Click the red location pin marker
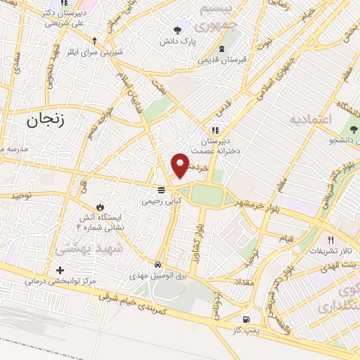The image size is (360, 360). [x=181, y=165]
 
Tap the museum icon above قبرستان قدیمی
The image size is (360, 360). [x=222, y=49]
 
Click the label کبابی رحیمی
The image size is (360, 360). [x=162, y=201]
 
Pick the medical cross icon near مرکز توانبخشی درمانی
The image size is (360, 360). [x=60, y=270]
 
